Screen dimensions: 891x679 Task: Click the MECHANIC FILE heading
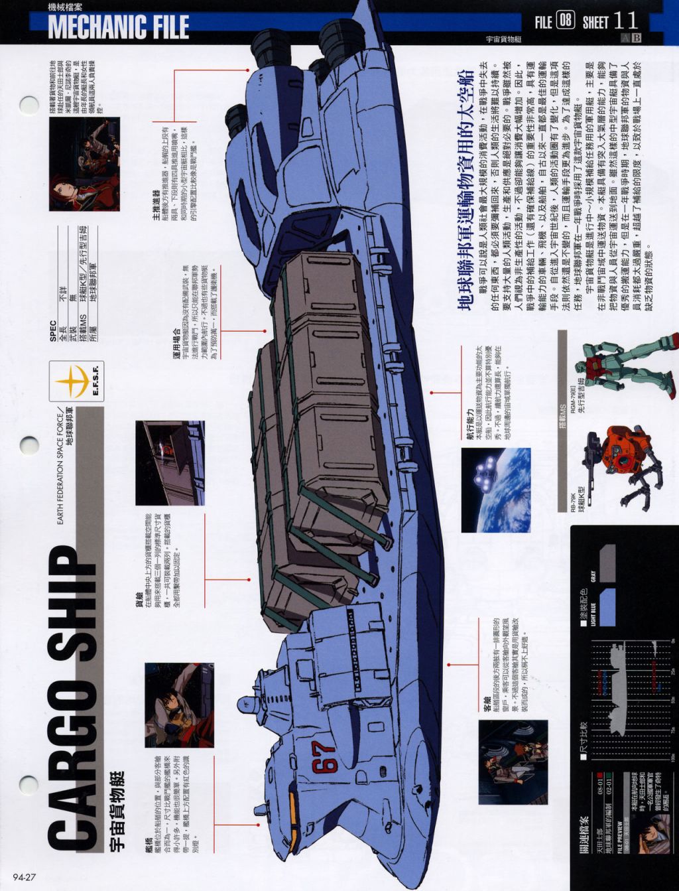tap(118, 27)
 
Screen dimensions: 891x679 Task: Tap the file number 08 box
tap(564, 21)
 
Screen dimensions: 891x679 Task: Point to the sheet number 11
tap(626, 21)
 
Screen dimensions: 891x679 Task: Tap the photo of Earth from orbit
tap(495, 489)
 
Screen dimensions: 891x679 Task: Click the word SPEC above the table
tap(53, 332)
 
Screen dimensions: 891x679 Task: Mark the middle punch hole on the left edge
tap(29, 444)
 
